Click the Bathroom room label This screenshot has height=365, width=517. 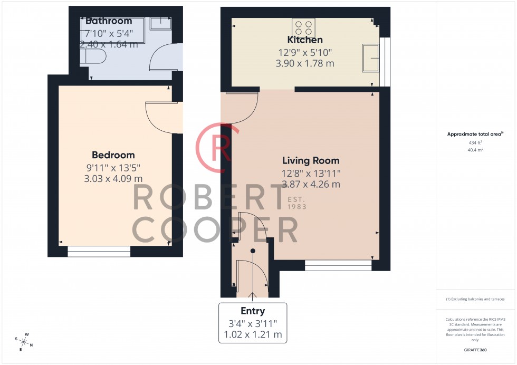pyautogui.click(x=108, y=22)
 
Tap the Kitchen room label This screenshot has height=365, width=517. pyautogui.click(x=305, y=40)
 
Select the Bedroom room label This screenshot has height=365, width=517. pyautogui.click(x=113, y=155)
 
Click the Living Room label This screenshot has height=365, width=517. pyautogui.click(x=311, y=161)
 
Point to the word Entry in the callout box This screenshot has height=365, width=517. pyautogui.click(x=253, y=311)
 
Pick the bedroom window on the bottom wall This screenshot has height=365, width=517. pyautogui.click(x=99, y=252)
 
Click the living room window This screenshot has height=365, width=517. pyautogui.click(x=338, y=265)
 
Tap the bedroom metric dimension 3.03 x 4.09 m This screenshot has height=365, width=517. pyautogui.click(x=113, y=178)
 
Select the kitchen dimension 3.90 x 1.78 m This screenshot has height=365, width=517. pyautogui.click(x=305, y=64)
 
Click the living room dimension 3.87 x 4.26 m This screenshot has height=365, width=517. pyautogui.click(x=311, y=184)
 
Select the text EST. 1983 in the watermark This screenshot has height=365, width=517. pyautogui.click(x=296, y=203)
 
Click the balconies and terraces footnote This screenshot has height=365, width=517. pyautogui.click(x=475, y=299)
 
